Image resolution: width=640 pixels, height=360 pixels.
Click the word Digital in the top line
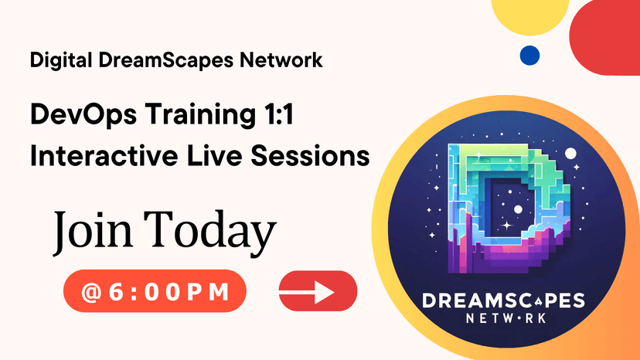click(61, 60)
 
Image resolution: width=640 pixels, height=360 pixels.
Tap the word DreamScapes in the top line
click(165, 60)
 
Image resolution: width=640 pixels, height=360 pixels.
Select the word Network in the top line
click(281, 59)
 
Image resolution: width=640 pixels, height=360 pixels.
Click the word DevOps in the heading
click(83, 115)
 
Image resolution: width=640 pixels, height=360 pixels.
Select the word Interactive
click(104, 155)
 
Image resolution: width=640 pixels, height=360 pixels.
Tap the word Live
click(214, 155)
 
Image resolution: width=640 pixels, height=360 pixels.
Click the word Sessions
click(310, 155)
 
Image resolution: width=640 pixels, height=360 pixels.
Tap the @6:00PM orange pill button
click(155, 291)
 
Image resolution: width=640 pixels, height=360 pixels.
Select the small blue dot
click(529, 56)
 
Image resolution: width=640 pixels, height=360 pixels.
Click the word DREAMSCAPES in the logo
click(504, 301)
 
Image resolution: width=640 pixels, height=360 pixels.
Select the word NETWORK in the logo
click(506, 318)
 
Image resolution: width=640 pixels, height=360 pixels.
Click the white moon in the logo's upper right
click(570, 154)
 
